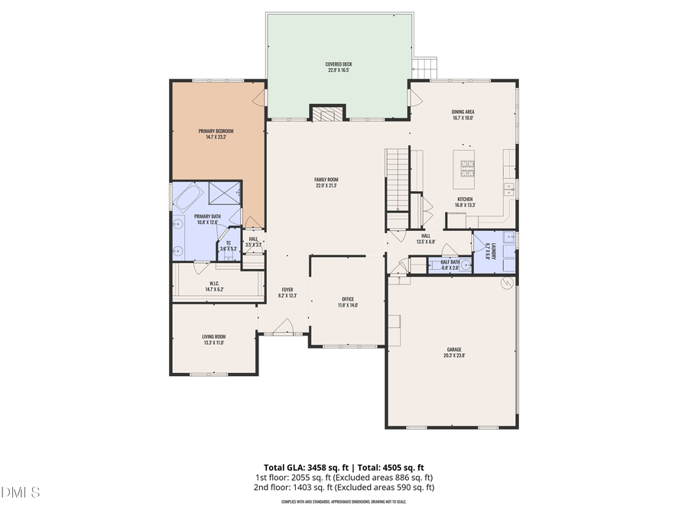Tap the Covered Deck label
pyautogui.click(x=338, y=65)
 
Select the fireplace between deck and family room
pyautogui.click(x=327, y=114)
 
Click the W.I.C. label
pyautogui.click(x=214, y=284)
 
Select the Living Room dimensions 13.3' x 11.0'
pyautogui.click(x=214, y=343)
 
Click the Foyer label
pyautogui.click(x=287, y=290)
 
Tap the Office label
pyautogui.click(x=348, y=299)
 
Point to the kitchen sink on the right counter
pyautogui.click(x=507, y=189)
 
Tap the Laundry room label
pyautogui.click(x=487, y=251)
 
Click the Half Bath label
pyautogui.click(x=449, y=262)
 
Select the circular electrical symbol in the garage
pyautogui.click(x=505, y=284)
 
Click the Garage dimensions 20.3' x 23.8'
pyautogui.click(x=454, y=355)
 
